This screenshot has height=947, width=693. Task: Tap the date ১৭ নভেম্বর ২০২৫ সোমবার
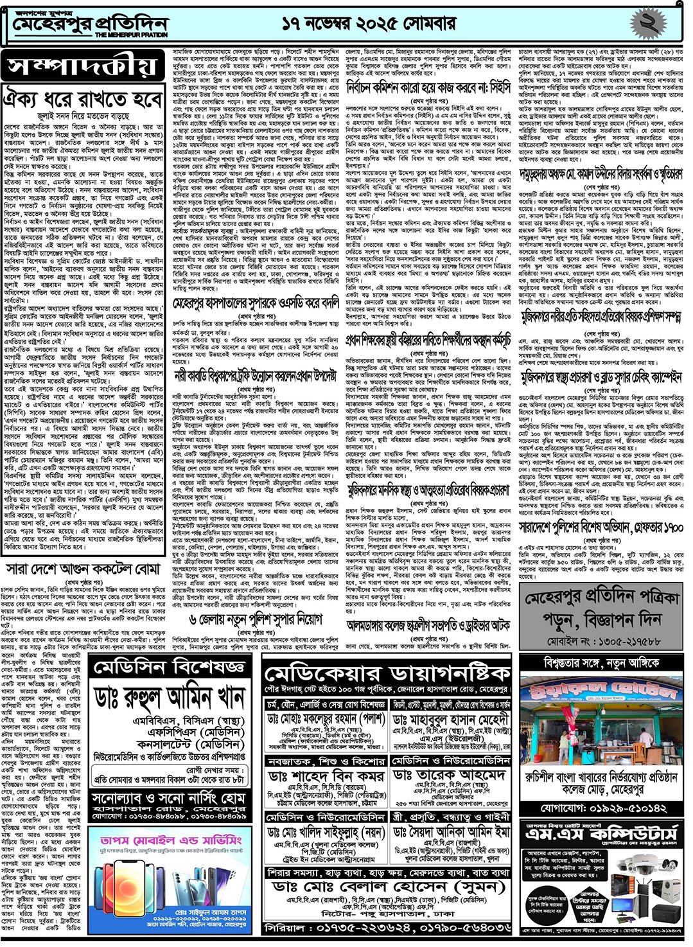click(369, 24)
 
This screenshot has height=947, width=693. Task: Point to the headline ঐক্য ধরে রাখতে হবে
click(82, 100)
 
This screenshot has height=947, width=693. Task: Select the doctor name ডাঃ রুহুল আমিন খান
click(170, 698)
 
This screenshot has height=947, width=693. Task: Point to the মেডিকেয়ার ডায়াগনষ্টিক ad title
click(387, 674)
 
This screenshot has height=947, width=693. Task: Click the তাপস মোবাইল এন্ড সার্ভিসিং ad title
click(171, 840)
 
